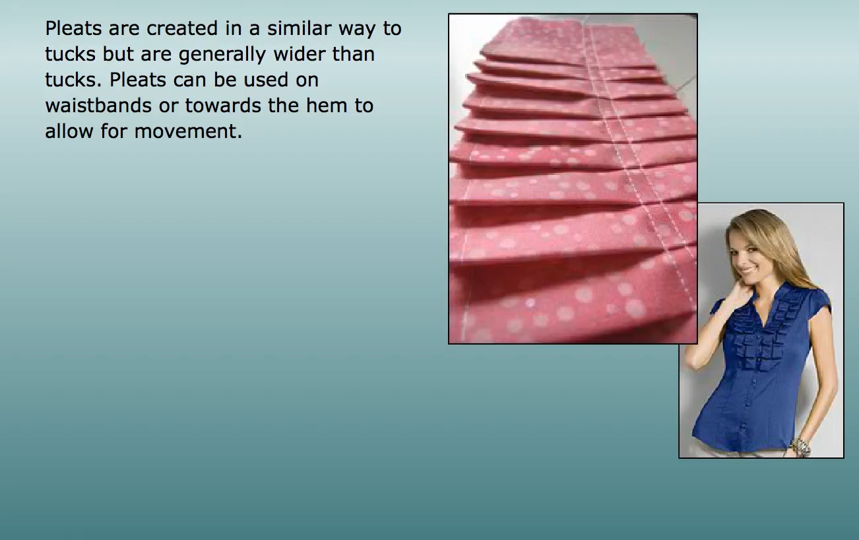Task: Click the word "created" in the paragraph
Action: [182, 28]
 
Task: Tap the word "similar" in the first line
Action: [299, 28]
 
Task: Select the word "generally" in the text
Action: [222, 55]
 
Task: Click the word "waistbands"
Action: [98, 105]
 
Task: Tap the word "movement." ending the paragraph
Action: [188, 131]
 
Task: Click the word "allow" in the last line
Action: [69, 131]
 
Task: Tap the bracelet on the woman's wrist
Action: [800, 447]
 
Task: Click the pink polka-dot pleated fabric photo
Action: [573, 179]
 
